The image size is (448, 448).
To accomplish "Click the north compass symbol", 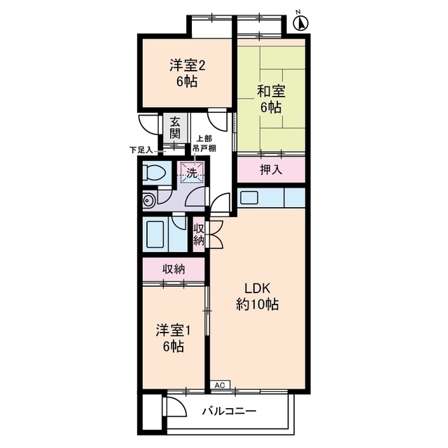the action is pos(301,22).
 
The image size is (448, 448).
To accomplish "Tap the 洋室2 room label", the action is pos(188,65).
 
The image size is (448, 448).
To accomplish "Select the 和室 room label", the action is pos(271,91).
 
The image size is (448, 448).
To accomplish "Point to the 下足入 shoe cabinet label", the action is pos(141,150).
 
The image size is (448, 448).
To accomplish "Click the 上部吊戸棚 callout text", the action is pos(204,143).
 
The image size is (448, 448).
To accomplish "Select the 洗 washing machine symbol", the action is pos(192,172).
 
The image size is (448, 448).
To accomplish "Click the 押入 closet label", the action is pos(271,170).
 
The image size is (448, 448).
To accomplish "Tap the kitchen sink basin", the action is pos(249,197).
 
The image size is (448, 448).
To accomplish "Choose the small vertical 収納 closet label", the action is pos(199,234).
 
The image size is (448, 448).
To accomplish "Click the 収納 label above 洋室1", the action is pos(174,269).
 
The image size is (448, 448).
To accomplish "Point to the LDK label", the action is pos(257,289).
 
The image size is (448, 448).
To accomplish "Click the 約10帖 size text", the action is pos(257,304).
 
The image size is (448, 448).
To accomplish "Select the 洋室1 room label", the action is pos(174,331).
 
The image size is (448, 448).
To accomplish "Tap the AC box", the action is pos(220,385).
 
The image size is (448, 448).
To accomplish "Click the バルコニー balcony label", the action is pos(229,412).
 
